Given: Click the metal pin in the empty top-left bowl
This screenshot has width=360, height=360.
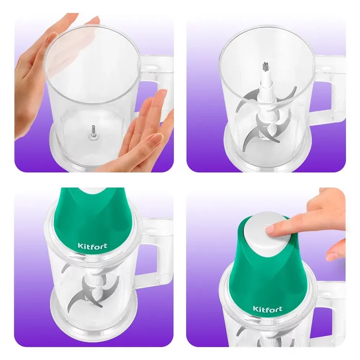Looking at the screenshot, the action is pyautogui.click(x=94, y=132).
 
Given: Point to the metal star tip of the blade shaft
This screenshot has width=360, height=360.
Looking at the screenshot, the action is pyautogui.click(x=265, y=66).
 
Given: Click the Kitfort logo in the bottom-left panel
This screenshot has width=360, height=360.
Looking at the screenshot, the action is pyautogui.click(x=92, y=246).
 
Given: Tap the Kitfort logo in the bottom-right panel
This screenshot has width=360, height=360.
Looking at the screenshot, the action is pyautogui.click(x=267, y=309).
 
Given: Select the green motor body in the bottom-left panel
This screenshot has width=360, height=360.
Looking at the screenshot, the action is pyautogui.click(x=92, y=221).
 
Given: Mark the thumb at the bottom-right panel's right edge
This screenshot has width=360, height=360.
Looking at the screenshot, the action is pyautogui.click(x=336, y=250).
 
